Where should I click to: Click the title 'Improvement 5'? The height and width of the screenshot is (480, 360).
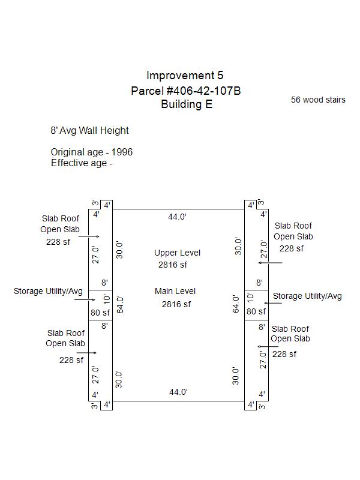[x=185, y=76]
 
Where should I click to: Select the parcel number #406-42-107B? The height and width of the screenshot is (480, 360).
[x=186, y=91]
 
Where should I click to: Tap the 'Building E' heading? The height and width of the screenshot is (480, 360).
[x=186, y=104]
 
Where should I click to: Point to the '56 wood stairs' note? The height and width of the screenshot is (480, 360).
[x=318, y=100]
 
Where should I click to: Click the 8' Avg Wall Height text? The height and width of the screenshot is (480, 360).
[x=89, y=130]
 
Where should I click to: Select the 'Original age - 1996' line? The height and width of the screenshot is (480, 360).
[x=91, y=152]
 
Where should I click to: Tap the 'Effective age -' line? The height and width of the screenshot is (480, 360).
[x=82, y=163]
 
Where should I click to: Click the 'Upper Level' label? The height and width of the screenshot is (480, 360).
[x=177, y=253]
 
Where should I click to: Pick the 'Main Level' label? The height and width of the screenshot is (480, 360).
[x=175, y=291]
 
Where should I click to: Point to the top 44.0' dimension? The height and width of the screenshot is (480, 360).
[x=178, y=217]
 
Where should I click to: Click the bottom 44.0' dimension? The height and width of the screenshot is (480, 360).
[x=178, y=392]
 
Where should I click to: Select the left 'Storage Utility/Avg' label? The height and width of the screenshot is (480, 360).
[x=48, y=291]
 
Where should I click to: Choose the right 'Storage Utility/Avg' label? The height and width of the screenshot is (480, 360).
[x=307, y=296]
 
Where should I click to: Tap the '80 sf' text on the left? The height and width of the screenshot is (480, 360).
[x=100, y=312]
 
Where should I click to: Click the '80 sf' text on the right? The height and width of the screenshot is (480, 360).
[x=256, y=311]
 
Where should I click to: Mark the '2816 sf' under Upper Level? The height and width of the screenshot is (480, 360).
[x=173, y=265]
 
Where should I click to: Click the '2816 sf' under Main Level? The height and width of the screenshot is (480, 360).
[x=176, y=304]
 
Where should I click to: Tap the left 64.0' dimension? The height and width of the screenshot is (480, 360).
[x=119, y=305]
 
